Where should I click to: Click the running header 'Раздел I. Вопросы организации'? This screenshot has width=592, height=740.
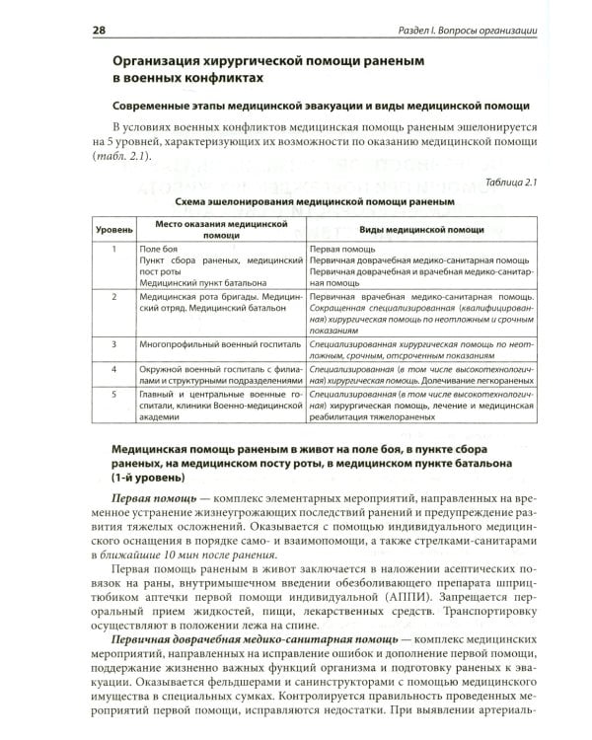[x=461, y=32]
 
